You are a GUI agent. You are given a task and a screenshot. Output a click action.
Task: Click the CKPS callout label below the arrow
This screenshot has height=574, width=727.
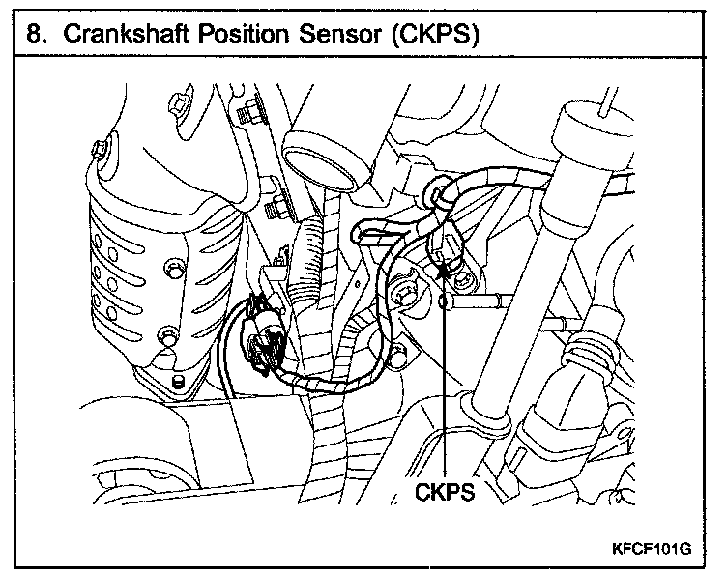tap(444, 492)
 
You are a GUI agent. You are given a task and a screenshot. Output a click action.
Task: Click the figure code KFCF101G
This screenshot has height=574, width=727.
tap(652, 548)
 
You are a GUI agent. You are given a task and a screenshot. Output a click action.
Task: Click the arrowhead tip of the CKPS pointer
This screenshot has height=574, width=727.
tap(444, 267)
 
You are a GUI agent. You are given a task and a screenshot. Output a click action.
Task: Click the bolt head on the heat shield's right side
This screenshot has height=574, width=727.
tap(174, 263)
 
